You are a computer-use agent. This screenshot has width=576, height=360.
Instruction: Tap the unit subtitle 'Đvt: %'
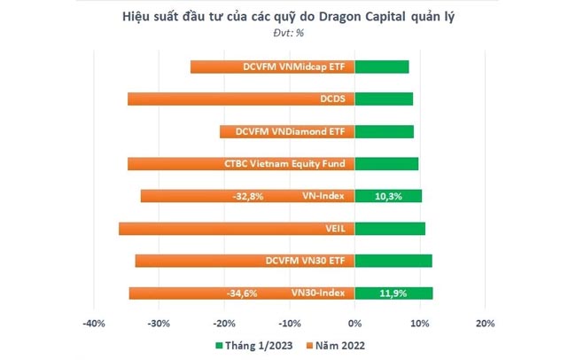point(288,33)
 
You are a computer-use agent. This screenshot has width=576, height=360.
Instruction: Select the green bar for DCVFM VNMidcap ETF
point(381,67)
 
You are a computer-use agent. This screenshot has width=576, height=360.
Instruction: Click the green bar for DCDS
point(383,99)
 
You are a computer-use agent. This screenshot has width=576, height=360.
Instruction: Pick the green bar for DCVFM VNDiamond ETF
point(384,131)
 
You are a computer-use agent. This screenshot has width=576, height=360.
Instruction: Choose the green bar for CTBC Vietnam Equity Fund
point(385,164)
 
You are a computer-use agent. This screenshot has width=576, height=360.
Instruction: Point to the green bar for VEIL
point(389,229)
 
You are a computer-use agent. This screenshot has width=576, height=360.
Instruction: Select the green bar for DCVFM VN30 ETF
point(393,261)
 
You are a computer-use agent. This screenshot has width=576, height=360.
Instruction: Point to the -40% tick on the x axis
point(94,322)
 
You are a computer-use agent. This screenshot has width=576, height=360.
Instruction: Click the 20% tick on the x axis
point(484,322)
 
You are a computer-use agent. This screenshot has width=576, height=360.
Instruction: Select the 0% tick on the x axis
point(354,322)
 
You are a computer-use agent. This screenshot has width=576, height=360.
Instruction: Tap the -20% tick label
point(224,322)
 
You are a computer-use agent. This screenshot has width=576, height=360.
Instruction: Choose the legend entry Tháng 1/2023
point(253,345)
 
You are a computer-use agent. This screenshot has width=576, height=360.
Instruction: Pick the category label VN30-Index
point(321,293)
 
